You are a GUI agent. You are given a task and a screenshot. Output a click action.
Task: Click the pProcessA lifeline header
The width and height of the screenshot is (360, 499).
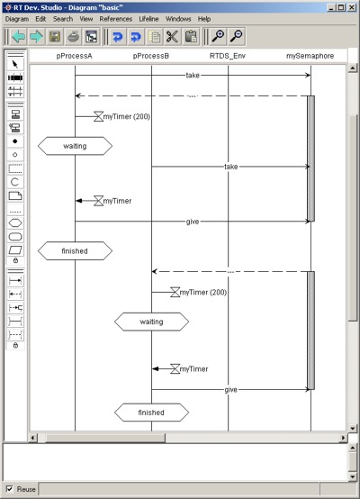tap(74, 56)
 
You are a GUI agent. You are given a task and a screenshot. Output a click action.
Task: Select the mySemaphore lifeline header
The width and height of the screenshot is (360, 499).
tap(310, 56)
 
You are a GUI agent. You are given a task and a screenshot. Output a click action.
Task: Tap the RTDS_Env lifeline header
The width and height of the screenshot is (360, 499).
tap(228, 56)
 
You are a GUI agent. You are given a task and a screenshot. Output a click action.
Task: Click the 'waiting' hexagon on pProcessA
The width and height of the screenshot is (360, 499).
tap(75, 146)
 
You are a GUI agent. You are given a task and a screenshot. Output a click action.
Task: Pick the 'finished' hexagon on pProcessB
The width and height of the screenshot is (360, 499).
tap(152, 413)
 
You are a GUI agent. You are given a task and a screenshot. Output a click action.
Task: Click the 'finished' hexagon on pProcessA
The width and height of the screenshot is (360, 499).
tap(75, 250)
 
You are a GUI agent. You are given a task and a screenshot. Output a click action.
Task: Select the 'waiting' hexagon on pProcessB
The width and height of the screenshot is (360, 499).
tap(152, 322)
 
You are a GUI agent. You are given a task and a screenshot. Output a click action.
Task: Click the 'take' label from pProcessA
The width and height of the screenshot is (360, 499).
tap(193, 76)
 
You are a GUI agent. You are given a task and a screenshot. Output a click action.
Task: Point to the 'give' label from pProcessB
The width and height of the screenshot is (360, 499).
tap(231, 390)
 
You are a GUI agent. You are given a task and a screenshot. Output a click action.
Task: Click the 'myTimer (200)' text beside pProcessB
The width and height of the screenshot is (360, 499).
tap(203, 292)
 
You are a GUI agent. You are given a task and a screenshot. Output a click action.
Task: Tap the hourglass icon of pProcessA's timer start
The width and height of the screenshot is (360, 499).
tap(99, 116)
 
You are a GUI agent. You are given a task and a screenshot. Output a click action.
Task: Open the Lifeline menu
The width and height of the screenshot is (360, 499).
tap(148, 19)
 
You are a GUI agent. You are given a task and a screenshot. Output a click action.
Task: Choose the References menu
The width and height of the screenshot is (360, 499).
tap(116, 19)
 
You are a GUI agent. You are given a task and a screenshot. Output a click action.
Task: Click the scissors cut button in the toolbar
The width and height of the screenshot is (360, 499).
tap(172, 36)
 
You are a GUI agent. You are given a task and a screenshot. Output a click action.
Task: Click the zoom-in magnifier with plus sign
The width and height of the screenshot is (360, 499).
tap(219, 36)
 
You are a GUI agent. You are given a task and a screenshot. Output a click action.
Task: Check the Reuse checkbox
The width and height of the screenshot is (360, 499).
tap(10, 489)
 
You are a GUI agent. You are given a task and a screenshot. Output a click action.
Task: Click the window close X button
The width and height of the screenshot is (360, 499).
tap(351, 7)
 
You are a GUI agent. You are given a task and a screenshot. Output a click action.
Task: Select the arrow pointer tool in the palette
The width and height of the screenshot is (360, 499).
tap(15, 65)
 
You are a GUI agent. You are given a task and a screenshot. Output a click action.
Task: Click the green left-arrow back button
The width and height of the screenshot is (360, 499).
tap(18, 36)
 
